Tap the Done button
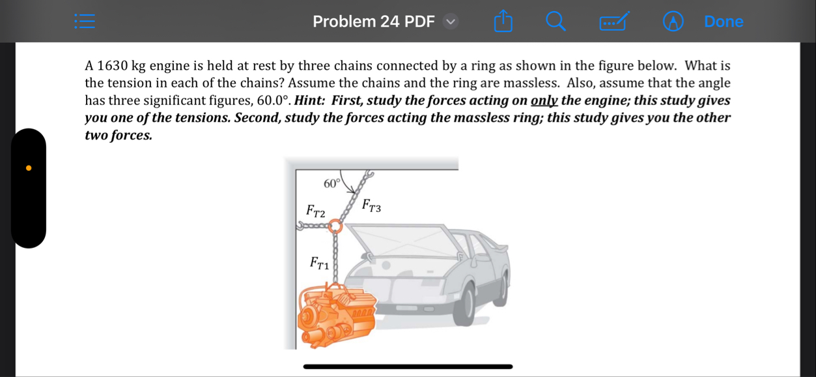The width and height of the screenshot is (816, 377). pos(724,22)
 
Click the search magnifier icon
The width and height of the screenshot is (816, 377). pos(555,22)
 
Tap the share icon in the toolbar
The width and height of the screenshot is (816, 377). pos(503,22)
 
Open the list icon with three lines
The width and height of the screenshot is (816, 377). pos(85,22)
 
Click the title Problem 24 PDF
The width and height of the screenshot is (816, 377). pos(373,22)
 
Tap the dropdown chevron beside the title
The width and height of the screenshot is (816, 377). pos(451,22)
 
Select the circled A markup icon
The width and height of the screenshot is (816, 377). pos(673,22)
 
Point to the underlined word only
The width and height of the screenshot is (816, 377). pos(544,101)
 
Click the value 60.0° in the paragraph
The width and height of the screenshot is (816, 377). pos(272,101)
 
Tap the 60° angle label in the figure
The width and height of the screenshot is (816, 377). pos(331,183)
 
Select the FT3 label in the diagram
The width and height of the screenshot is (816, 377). pos(371,206)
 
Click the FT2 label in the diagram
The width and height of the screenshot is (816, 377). pos(315,211)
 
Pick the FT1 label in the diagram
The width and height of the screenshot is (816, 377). pos(319,263)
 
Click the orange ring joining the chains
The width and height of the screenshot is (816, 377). pos(335,226)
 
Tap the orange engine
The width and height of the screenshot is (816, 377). pos(335,317)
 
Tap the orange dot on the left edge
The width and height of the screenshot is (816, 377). pos(29,168)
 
